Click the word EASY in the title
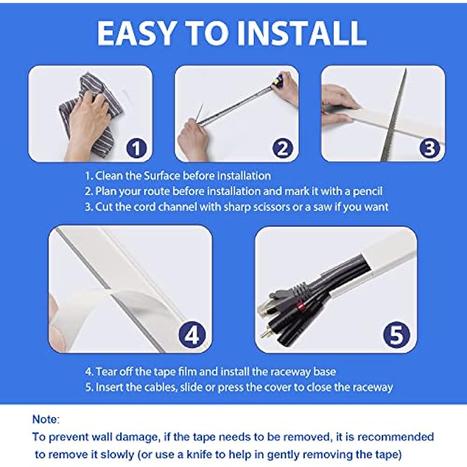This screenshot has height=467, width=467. pos(136,33)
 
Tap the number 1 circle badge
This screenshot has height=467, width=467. pos(137,148)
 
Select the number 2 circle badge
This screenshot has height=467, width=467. pos(283,148)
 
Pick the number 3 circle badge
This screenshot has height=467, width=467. pos(429,148)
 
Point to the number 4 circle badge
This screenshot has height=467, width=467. pos(192,335)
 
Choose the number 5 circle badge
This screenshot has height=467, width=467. pos(396,335)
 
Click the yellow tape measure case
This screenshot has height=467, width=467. pos(278,80)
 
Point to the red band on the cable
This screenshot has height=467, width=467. pos(301,306)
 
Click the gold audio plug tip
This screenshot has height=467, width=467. pos(263,333)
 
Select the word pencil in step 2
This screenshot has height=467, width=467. pos(368,191)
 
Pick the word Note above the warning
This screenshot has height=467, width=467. pos(46,419)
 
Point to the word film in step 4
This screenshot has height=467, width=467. pos(187,372)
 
